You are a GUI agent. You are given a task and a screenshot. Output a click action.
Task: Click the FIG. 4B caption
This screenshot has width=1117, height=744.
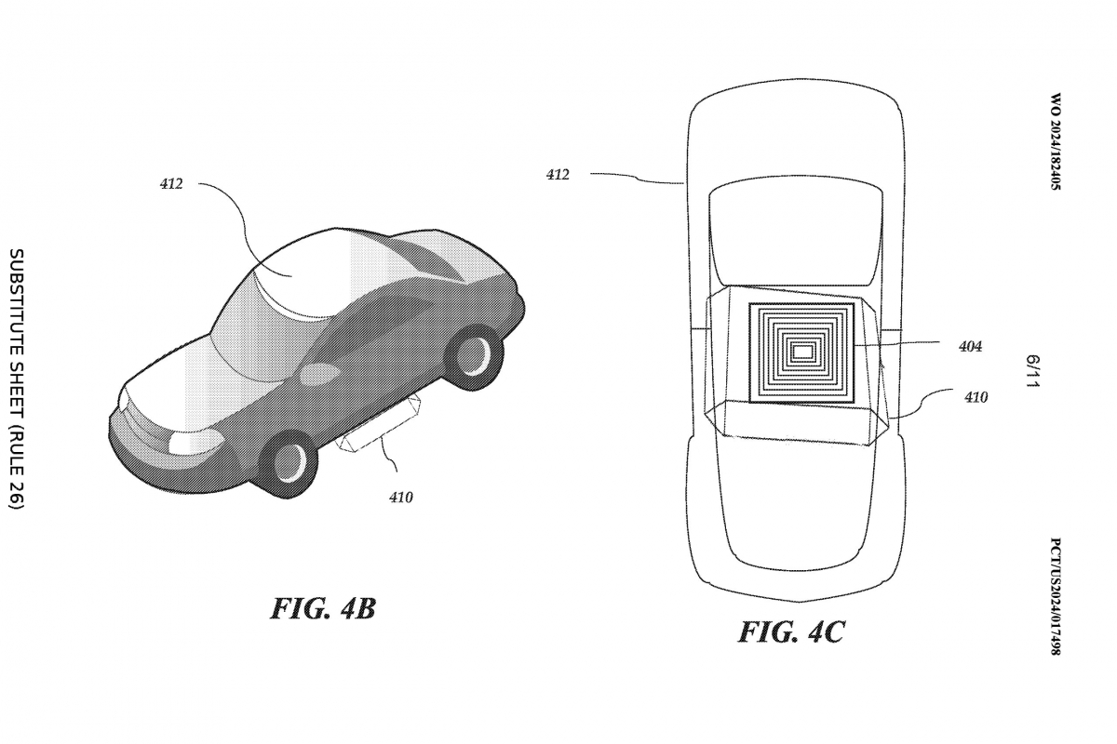pos(323,609)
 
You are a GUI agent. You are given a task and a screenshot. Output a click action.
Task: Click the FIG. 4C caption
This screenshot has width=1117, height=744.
pos(791,632)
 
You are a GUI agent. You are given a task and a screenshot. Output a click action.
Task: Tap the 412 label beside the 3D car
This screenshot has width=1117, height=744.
pos(170,184)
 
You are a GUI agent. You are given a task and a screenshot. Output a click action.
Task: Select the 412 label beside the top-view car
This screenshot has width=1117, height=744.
pos(558,174)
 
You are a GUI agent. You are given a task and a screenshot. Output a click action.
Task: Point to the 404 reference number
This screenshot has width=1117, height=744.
pos(970,346)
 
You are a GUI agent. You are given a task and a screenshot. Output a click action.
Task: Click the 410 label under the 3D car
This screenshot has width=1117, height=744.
pos(400,498)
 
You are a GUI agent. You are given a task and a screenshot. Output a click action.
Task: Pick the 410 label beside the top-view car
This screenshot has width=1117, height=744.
pos(976,397)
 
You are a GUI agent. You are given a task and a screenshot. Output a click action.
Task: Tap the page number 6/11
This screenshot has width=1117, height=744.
pos(1032,371)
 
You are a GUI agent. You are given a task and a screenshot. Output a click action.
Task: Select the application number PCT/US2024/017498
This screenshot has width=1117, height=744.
pos(1056,595)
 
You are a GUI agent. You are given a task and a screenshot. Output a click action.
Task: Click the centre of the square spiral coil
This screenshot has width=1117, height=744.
pos(801,351)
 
